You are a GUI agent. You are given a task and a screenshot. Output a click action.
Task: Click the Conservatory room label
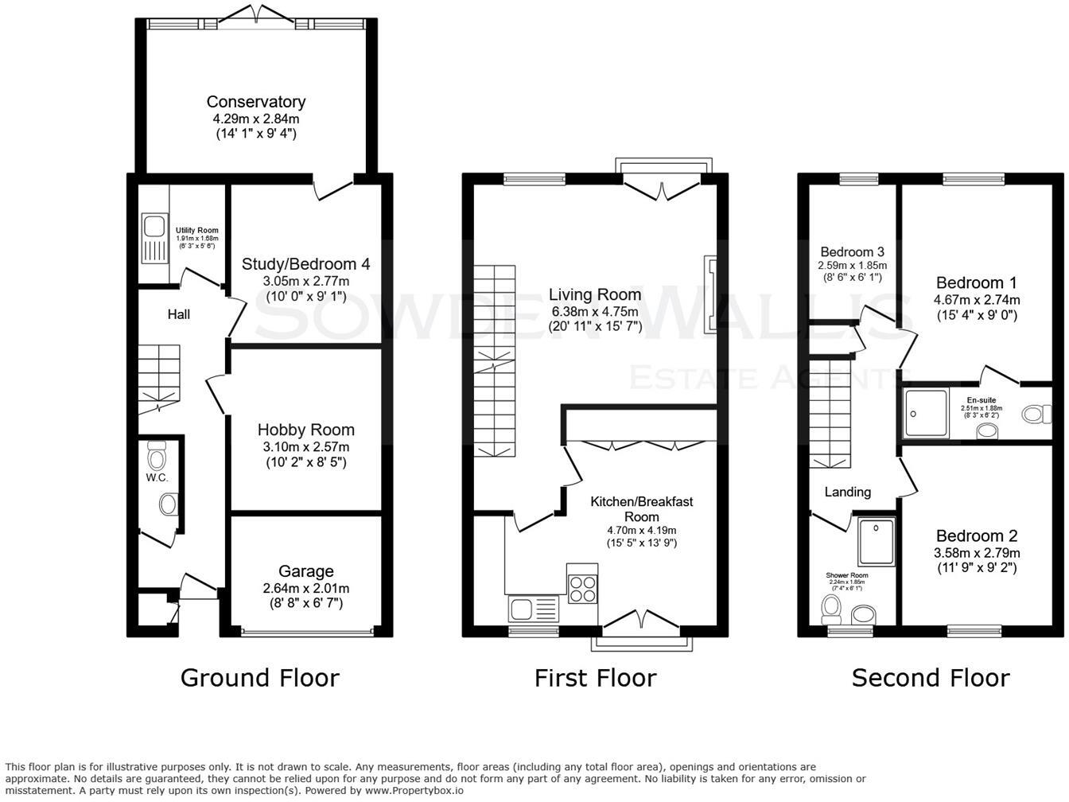click(x=255, y=102)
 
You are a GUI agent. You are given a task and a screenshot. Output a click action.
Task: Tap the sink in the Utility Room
click(x=151, y=236)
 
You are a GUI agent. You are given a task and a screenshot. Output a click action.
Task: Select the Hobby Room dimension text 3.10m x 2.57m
click(x=305, y=446)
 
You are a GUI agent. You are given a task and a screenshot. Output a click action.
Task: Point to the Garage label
click(x=305, y=571)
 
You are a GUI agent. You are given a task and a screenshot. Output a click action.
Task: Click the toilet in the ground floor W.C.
click(x=157, y=459)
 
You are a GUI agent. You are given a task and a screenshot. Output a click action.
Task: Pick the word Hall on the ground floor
click(x=178, y=314)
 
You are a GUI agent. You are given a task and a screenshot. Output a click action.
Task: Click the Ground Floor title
click(x=259, y=677)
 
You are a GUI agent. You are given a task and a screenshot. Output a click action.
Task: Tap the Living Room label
click(x=595, y=294)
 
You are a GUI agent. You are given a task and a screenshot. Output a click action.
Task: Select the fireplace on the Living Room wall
click(x=709, y=294)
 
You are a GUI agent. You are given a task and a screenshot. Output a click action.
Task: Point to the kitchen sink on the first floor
click(x=533, y=609)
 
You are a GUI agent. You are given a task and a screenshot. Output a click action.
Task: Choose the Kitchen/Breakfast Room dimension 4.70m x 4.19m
click(x=641, y=531)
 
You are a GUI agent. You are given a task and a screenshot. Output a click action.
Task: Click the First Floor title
click(x=595, y=677)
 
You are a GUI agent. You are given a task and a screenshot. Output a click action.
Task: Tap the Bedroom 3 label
click(x=853, y=251)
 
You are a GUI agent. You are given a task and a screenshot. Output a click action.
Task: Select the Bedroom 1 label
click(x=976, y=282)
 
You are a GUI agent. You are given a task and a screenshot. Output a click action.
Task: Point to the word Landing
click(x=847, y=492)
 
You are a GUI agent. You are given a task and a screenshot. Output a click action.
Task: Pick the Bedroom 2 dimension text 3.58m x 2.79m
click(x=976, y=553)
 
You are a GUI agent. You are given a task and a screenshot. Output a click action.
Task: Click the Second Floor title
click(x=931, y=677)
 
